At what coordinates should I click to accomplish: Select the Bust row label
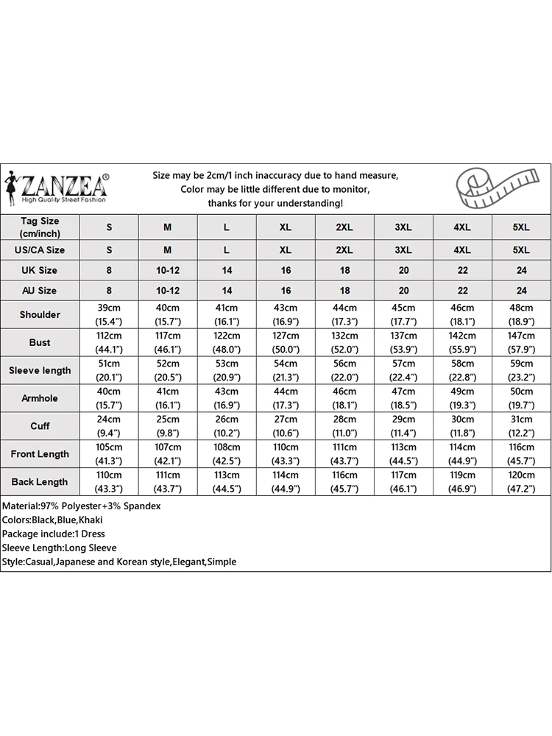tap(40, 342)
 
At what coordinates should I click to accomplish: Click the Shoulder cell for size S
tap(109, 314)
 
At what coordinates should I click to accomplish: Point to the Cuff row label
tap(40, 426)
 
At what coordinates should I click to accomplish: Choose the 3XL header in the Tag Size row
tap(403, 227)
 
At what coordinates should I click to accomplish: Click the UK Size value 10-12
tap(168, 270)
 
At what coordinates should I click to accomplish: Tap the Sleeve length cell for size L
tap(227, 370)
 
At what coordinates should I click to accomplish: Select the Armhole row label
tap(40, 398)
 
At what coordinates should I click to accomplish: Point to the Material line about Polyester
tap(82, 506)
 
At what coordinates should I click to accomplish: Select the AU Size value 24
tap(521, 291)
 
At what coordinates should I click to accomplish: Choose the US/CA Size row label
tap(40, 250)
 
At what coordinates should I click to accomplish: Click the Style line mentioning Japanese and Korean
tap(119, 562)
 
